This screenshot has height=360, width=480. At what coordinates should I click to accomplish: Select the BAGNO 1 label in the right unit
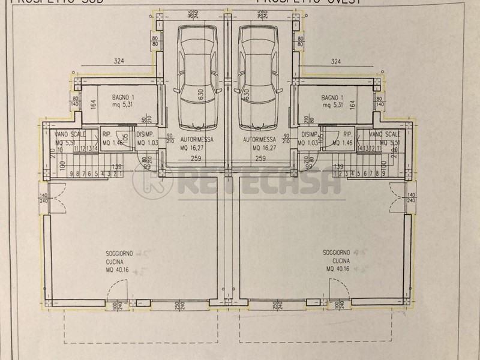click(332, 97)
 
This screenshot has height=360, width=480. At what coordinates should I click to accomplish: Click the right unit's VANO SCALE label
click(384, 134)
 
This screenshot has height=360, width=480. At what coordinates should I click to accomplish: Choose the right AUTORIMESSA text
click(260, 139)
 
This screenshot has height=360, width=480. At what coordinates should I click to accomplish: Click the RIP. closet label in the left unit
click(107, 134)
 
